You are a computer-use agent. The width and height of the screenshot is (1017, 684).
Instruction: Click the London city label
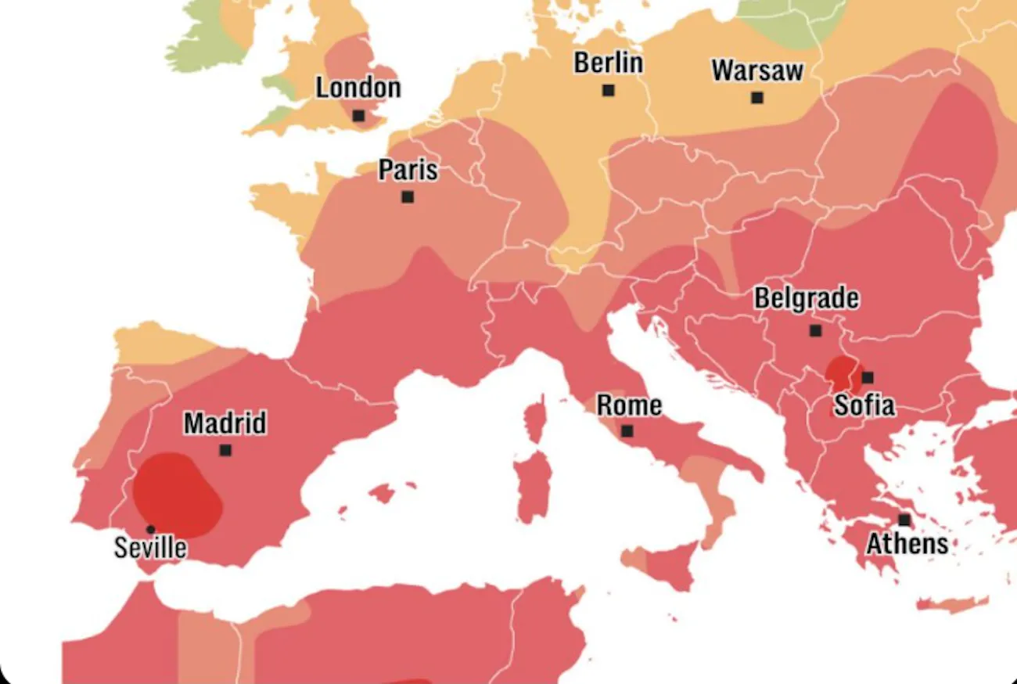click(x=358, y=88)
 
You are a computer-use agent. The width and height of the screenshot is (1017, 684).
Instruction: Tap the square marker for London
click(x=358, y=116)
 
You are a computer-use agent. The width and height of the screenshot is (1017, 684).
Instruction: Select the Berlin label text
click(x=608, y=63)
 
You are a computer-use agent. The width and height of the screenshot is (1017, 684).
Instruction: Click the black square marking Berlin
click(x=608, y=91)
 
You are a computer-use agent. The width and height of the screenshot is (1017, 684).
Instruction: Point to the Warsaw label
click(x=756, y=70)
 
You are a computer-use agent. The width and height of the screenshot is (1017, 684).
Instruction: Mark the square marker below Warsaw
click(x=756, y=98)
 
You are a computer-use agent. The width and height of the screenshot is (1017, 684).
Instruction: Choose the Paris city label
click(x=408, y=170)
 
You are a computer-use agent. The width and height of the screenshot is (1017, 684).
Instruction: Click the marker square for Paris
click(x=408, y=197)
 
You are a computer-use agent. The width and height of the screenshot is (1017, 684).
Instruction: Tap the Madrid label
click(x=225, y=423)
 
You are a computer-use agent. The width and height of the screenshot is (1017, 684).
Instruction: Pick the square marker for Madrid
click(x=225, y=450)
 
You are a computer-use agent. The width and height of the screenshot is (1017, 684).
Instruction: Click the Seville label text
click(x=150, y=547)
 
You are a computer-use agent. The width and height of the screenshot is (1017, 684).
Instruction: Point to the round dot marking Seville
click(x=150, y=530)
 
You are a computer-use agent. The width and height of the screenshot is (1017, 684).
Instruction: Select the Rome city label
click(x=629, y=405)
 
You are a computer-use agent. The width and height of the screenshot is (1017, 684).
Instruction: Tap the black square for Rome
click(x=627, y=431)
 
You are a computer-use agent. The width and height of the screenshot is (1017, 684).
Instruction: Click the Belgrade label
click(x=806, y=298)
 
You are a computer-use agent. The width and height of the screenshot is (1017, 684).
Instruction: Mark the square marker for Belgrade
click(x=815, y=331)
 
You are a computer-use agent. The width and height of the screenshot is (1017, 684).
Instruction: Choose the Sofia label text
click(x=864, y=405)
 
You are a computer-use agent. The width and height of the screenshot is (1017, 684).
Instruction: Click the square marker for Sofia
click(x=868, y=377)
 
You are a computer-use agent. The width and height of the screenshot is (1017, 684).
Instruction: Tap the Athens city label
click(x=907, y=543)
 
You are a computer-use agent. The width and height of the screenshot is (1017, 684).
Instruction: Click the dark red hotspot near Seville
click(x=176, y=493)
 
